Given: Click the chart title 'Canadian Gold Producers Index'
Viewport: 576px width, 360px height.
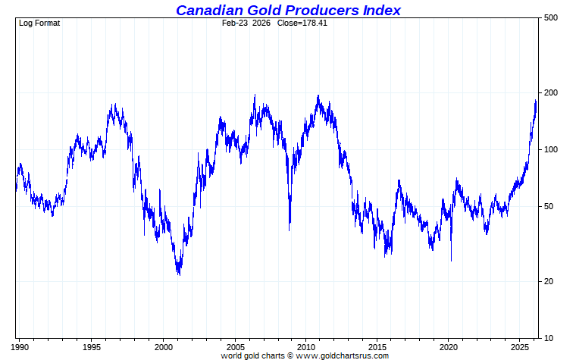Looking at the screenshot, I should click(288, 10).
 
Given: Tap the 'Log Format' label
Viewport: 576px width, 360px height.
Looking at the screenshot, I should click(39, 23).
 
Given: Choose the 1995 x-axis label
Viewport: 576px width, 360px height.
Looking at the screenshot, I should click(92, 346).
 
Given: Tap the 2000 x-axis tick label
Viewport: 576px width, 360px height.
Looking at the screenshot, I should click(164, 346).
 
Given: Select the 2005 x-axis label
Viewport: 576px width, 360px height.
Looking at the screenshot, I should click(235, 346).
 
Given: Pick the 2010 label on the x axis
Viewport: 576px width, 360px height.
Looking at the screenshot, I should click(306, 346).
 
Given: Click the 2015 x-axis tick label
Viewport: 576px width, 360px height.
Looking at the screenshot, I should click(377, 346).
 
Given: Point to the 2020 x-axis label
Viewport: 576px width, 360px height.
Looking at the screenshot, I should click(449, 346).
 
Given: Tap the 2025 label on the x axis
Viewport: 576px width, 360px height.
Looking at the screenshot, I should click(521, 346).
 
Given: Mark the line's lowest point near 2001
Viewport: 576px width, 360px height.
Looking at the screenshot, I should click(179, 274).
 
